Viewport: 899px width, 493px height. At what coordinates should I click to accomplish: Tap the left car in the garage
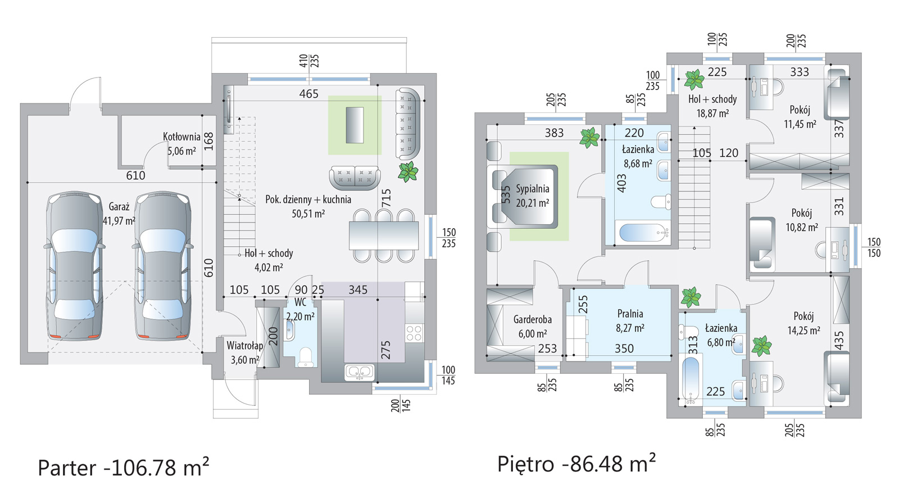(74, 266)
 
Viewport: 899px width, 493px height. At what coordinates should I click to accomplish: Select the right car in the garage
(162, 266)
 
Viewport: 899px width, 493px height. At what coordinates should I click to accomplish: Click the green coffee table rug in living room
(355, 125)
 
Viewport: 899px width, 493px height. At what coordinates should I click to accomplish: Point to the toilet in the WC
(306, 357)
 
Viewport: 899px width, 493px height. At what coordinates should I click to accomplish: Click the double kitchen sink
(359, 372)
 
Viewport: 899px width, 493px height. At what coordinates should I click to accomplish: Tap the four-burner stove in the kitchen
(414, 333)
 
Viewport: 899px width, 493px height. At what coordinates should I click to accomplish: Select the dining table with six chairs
(384, 236)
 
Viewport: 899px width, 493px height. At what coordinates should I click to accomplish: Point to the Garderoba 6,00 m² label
(532, 327)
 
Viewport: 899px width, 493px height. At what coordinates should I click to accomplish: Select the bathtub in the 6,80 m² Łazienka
(691, 379)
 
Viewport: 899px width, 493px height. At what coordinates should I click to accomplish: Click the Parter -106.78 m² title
(124, 467)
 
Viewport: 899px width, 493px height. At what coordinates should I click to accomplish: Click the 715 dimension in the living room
(386, 198)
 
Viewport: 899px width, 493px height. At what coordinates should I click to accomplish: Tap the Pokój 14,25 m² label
(803, 323)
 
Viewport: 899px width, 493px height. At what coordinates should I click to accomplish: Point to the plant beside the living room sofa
(408, 171)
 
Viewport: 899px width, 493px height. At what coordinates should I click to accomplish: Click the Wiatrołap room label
(245, 352)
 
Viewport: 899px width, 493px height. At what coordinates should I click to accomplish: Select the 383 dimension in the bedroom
(554, 133)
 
